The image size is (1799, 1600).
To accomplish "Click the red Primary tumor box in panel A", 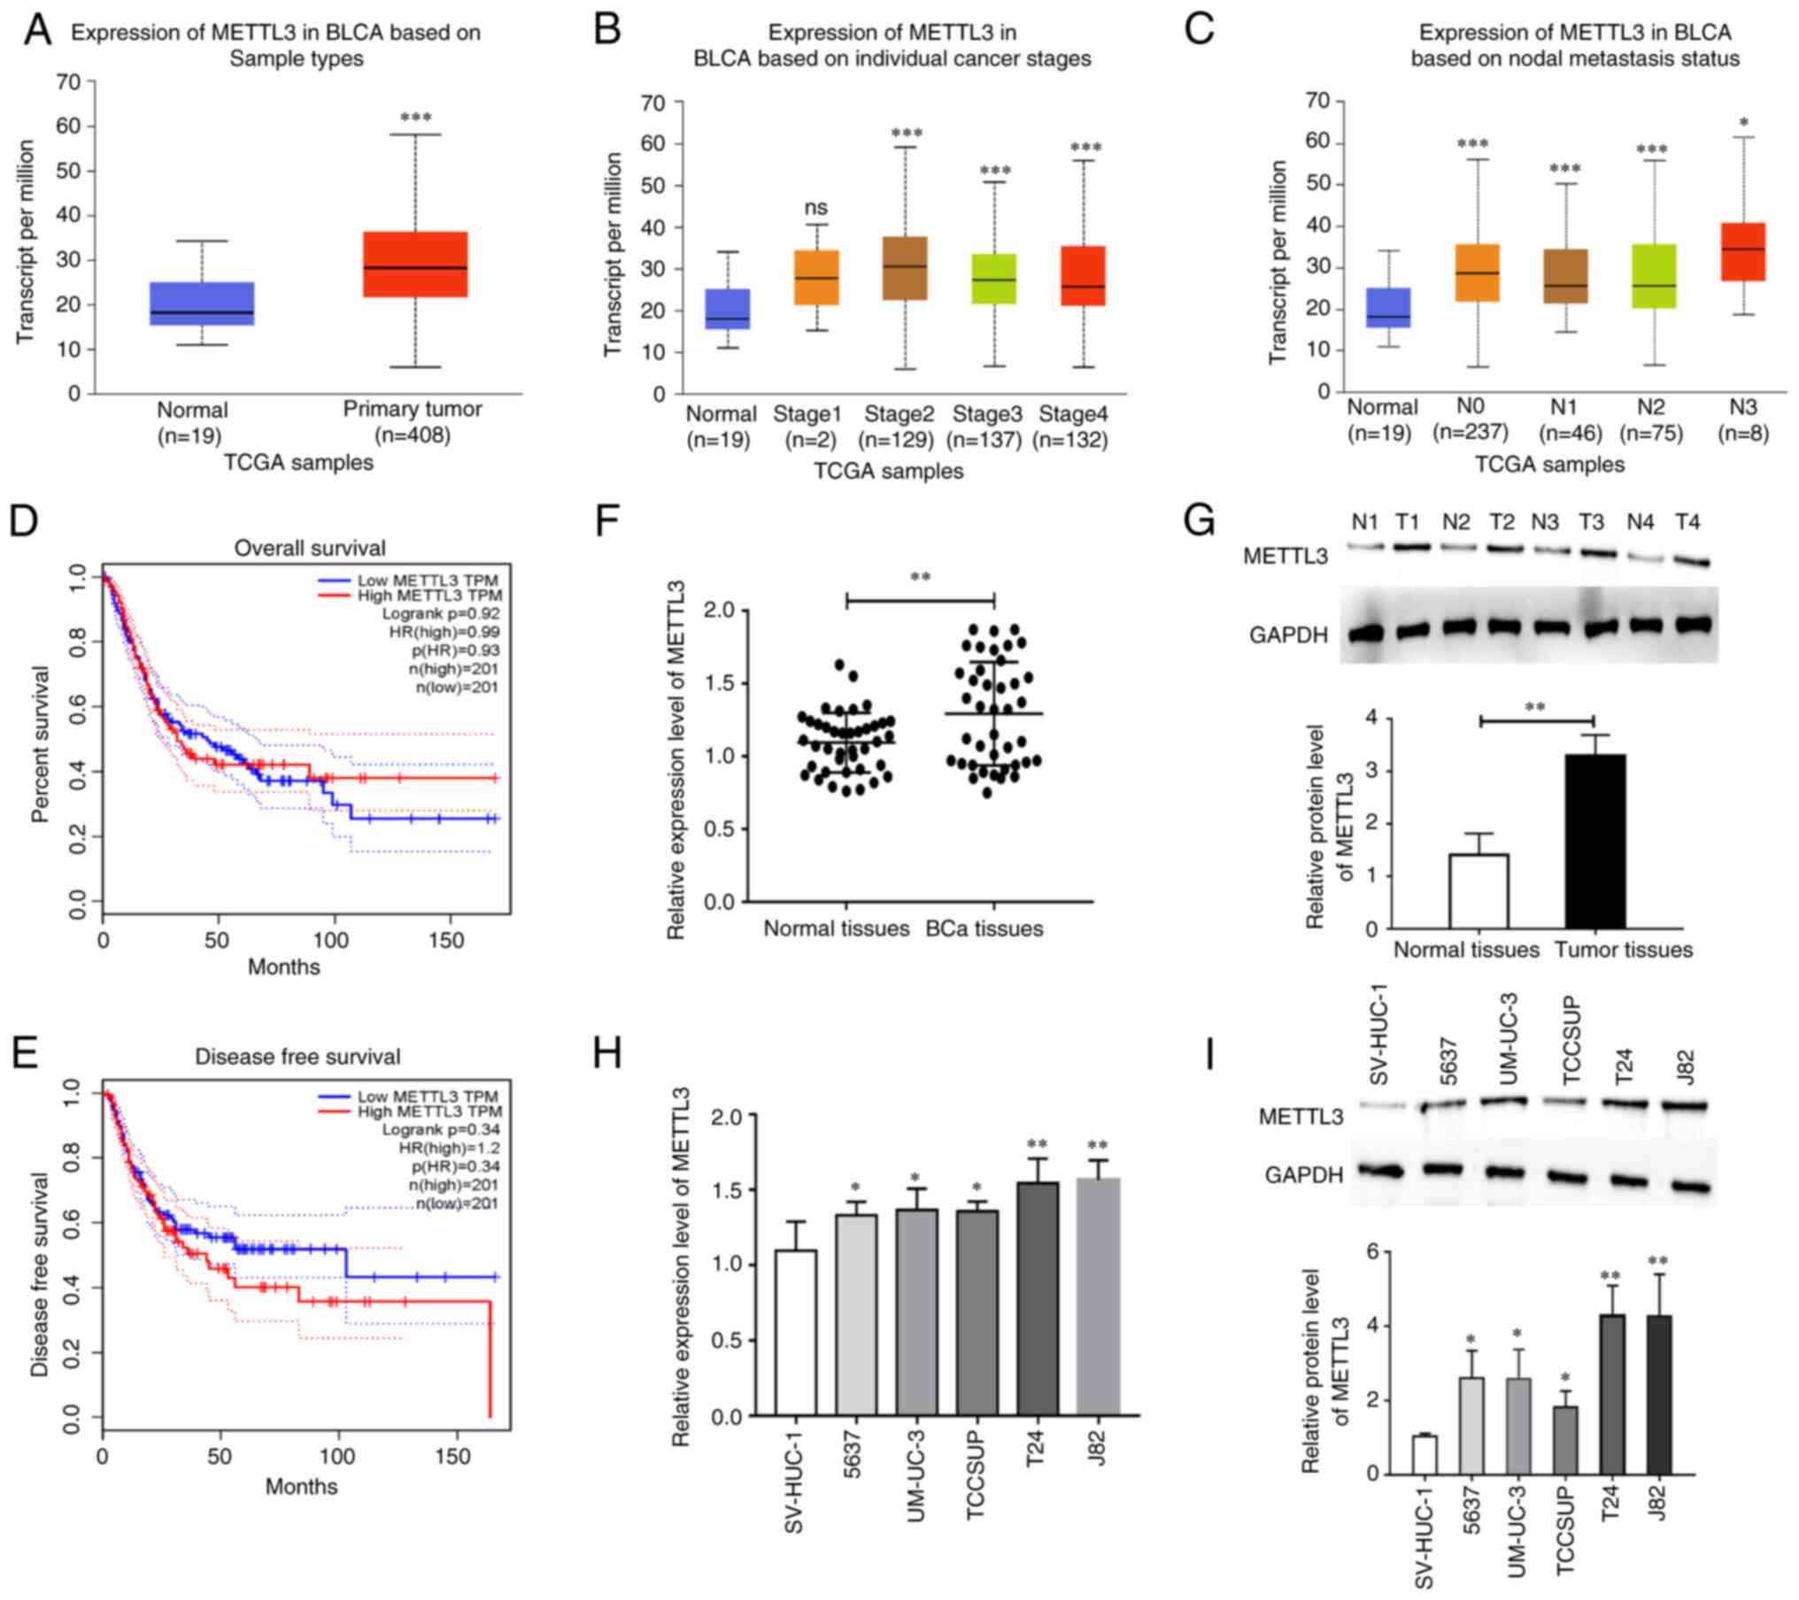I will coord(414,264).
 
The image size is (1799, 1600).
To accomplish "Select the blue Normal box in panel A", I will coord(202,304).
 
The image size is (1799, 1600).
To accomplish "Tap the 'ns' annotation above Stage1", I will coord(815,208).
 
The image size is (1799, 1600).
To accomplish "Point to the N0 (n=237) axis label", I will coord(1470,419).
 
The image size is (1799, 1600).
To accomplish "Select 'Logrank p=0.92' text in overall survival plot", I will coord(441,613).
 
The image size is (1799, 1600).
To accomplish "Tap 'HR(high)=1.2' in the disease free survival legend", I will coord(441,1148).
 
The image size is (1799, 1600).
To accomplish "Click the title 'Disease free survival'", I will coord(297,1057).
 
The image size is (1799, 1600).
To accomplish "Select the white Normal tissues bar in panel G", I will coord(1478,891).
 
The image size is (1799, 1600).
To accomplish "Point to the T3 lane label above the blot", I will coord(1591,522).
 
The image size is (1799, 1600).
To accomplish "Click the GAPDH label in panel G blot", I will coord(1288,635).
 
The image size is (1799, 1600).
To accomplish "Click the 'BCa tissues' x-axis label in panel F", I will coord(984,928).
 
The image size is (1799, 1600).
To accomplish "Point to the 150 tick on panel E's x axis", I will coord(453,1457).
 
